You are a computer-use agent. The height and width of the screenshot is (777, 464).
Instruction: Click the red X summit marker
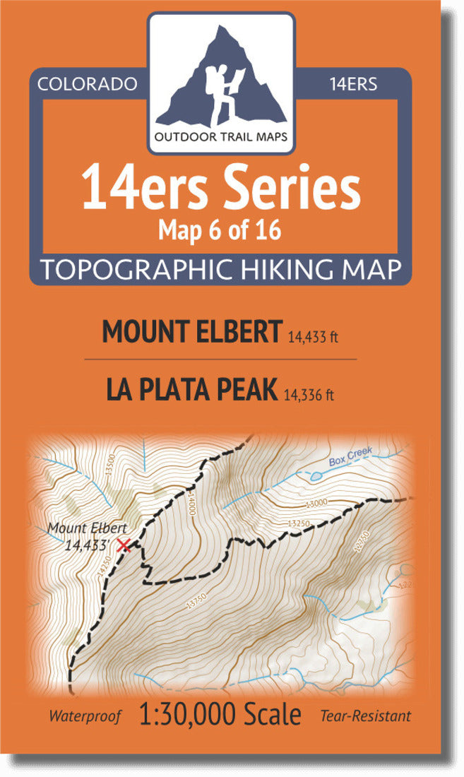pos(124,545)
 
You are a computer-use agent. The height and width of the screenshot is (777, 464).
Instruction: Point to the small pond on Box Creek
pos(314,476)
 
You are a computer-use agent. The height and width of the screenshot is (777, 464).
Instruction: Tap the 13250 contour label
pos(299,523)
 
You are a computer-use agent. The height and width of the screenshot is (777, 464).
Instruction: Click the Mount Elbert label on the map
pos(87,528)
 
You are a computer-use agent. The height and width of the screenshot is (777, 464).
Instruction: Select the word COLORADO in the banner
pos(87,84)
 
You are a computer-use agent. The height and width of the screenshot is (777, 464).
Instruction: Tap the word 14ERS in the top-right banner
pos(353,84)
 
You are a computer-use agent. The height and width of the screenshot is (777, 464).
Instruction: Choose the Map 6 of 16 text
pos(221,230)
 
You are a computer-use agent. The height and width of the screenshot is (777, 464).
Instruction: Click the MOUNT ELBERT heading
pos(192,332)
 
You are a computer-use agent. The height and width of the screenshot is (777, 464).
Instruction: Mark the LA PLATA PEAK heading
pos(191,390)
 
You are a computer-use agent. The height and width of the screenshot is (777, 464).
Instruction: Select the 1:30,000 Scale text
pos(220,714)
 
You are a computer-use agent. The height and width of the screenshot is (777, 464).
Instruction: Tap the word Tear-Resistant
pos(365,716)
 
